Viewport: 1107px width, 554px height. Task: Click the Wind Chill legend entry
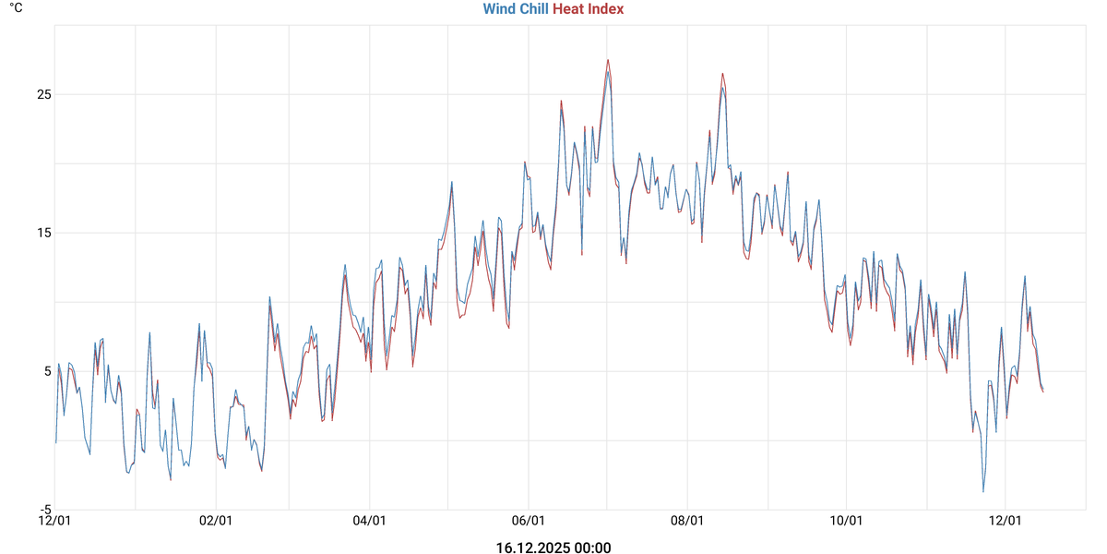(x=515, y=9)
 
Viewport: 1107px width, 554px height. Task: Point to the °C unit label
(x=16, y=7)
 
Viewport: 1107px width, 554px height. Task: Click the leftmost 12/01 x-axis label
(x=54, y=522)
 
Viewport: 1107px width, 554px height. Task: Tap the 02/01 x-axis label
(x=215, y=522)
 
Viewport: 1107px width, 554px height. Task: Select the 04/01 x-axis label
(x=369, y=522)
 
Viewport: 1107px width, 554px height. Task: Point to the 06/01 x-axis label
(x=529, y=522)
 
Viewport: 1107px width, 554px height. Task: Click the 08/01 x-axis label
(x=688, y=522)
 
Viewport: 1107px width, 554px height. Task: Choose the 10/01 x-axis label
(x=847, y=522)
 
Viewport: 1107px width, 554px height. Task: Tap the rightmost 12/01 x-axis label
(x=1006, y=522)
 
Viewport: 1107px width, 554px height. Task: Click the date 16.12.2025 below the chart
(x=532, y=548)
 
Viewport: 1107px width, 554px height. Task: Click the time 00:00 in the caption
(x=592, y=548)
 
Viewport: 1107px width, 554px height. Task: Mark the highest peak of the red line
(x=608, y=60)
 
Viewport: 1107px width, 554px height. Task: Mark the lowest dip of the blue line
(x=983, y=491)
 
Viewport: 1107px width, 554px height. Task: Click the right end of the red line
(x=1043, y=392)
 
